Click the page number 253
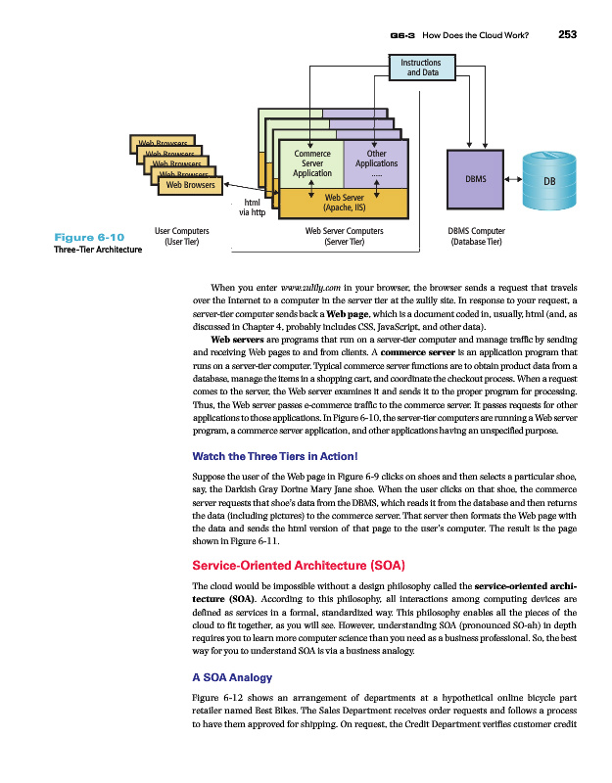click(x=568, y=35)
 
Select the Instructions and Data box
click(x=422, y=67)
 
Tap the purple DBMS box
click(x=475, y=180)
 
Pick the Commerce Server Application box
click(x=306, y=163)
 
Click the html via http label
click(x=253, y=206)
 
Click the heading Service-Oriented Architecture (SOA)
click(x=298, y=566)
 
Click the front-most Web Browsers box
click(x=190, y=184)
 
